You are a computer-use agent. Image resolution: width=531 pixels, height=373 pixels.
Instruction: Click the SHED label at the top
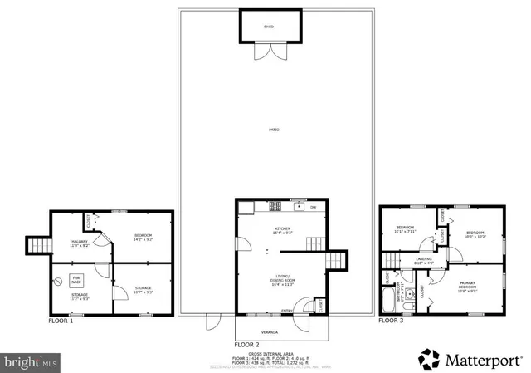point(268,27)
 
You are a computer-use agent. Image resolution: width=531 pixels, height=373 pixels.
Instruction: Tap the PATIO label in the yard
point(274,130)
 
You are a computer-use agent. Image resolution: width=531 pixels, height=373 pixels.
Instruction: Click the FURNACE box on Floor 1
point(76,280)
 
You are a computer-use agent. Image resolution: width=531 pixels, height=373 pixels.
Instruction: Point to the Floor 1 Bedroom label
point(143,238)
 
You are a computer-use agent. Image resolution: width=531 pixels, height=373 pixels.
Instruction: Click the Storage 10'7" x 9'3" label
point(143,290)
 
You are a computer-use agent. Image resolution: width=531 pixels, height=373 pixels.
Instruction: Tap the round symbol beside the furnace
point(58,281)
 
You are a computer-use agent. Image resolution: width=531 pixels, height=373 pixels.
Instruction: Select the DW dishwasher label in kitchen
point(313,208)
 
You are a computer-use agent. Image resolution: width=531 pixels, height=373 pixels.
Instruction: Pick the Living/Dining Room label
point(283,280)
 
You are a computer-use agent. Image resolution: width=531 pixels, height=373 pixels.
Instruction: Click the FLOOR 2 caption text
point(247,344)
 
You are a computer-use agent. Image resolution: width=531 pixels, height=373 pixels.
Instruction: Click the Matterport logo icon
point(428,359)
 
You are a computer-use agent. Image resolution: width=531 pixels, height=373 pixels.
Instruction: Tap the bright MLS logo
point(31,362)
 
